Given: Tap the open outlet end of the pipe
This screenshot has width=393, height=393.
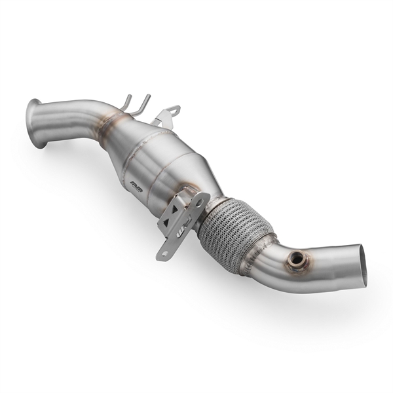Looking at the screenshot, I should click(360, 265).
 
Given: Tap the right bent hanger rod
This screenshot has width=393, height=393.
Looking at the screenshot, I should click(142, 105).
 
